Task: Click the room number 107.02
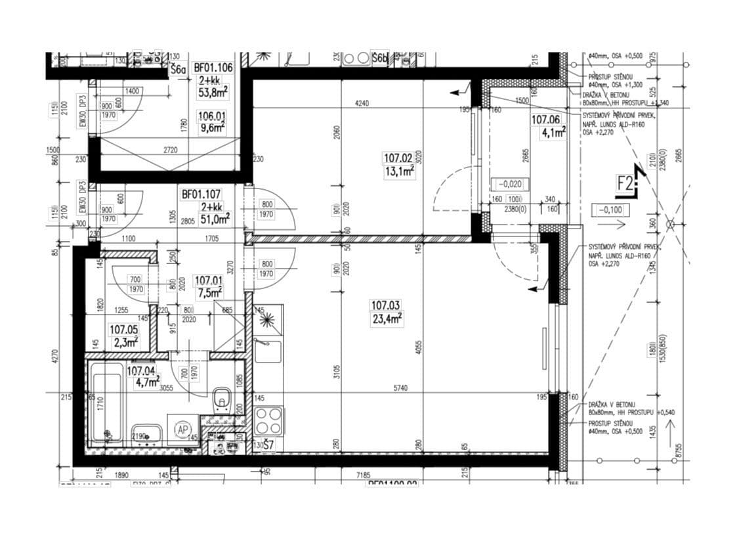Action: [398, 158]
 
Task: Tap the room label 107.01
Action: [209, 280]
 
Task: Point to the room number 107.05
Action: [123, 330]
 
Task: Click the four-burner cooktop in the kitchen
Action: [268, 421]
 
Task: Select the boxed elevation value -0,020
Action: [510, 185]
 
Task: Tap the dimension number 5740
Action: [400, 388]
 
